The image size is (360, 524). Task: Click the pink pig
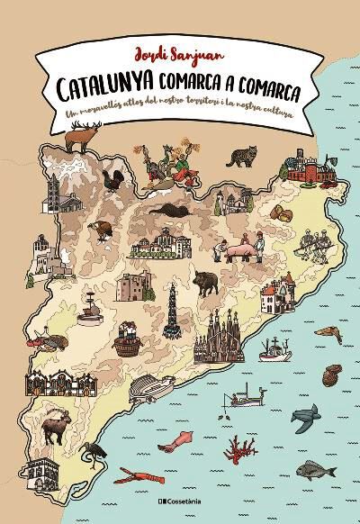[x=241, y=249]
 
